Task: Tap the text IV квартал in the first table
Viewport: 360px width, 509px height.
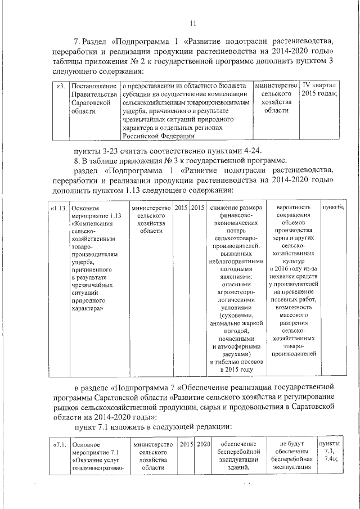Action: click(x=319, y=85)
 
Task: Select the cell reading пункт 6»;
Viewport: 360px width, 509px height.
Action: click(x=333, y=208)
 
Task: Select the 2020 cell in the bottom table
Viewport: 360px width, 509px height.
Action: click(x=203, y=445)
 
